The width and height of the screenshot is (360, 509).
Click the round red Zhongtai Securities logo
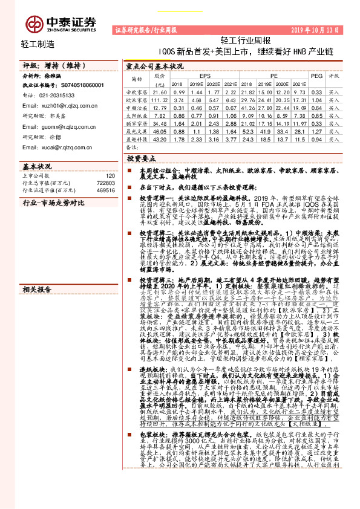click(34, 24)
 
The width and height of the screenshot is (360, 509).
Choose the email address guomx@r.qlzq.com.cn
click(61, 127)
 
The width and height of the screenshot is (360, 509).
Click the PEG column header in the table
click(316, 76)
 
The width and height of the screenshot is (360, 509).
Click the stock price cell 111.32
click(159, 99)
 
